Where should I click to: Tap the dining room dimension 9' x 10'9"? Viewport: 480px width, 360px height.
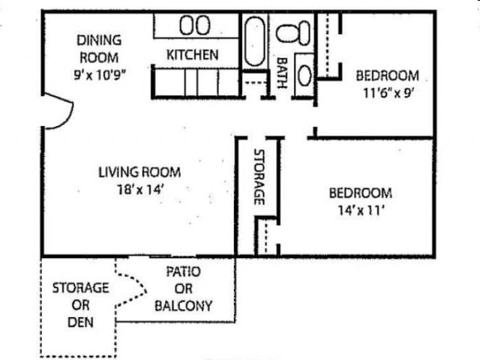coord(98,74)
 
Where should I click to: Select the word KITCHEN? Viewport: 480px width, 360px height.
coord(192,55)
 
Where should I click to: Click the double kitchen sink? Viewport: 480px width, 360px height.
coord(194,25)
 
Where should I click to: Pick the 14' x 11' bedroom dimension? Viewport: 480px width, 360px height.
coord(360,211)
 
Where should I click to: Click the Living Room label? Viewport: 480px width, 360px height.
coord(139,172)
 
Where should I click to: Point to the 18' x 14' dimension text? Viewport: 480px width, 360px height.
coord(139,190)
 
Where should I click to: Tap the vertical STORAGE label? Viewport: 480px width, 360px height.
coord(259,177)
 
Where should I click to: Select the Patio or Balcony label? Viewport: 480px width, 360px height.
coord(183,289)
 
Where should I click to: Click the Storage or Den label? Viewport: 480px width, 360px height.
coord(80,305)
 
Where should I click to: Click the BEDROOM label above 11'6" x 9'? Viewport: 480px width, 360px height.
coord(386,76)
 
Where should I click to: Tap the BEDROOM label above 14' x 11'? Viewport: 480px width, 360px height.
coord(360,193)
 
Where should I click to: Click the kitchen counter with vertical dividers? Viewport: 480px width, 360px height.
coord(193,81)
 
